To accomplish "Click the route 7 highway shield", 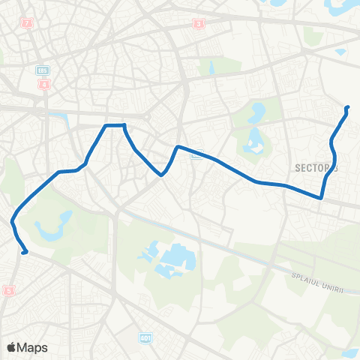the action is [x=28, y=23].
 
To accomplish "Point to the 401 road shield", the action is [x=144, y=339].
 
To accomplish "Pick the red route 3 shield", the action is [x=198, y=23].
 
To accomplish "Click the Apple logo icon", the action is [x=11, y=347].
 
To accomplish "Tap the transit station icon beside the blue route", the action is [x=196, y=156].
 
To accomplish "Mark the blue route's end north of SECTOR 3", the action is [x=347, y=108].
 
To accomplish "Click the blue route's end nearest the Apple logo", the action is [x=25, y=253].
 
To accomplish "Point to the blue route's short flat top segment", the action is [x=115, y=125].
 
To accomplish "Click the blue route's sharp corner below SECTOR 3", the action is [x=321, y=198].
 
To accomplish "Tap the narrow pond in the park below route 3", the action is [x=212, y=68].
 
